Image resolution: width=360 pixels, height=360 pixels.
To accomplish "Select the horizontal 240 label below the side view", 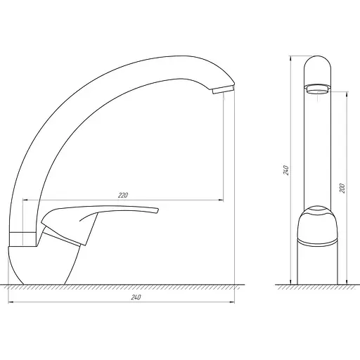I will [136, 297].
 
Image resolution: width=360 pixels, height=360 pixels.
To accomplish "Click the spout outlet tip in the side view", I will [222, 89].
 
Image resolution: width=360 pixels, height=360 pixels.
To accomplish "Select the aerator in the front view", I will [318, 89].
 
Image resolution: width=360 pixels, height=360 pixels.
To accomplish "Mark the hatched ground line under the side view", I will [120, 286].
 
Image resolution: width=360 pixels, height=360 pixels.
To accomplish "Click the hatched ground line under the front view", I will [316, 287].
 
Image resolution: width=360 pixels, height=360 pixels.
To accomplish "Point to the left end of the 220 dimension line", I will [25, 200].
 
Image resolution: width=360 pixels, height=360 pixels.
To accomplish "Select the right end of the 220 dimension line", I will [223, 200].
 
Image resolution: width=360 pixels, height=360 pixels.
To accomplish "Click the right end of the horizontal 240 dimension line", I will [235, 303].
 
